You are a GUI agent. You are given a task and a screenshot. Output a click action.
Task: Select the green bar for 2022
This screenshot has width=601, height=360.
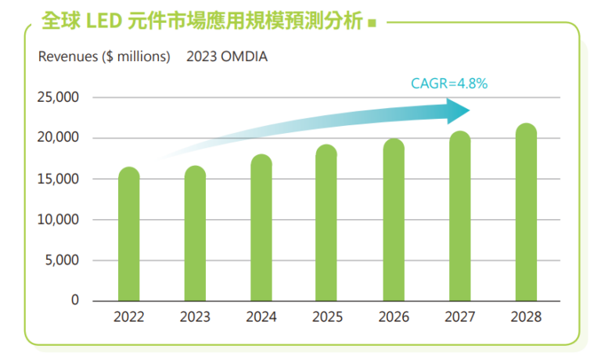[x=129, y=234]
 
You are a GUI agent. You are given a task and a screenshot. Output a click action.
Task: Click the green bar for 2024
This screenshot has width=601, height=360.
[x=261, y=228]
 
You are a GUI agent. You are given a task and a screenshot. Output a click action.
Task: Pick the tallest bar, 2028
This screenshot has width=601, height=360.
[x=527, y=212]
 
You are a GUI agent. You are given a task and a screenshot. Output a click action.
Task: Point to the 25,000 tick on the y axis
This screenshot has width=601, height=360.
[x=59, y=98]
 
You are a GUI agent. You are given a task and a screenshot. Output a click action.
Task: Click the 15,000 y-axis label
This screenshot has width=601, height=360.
[x=59, y=179]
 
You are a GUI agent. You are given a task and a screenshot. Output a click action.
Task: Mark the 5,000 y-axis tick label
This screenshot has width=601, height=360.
[x=63, y=260]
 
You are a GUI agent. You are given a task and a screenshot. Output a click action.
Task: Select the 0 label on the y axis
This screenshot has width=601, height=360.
[x=75, y=301]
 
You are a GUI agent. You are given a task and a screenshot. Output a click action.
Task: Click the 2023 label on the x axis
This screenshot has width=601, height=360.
[x=195, y=318]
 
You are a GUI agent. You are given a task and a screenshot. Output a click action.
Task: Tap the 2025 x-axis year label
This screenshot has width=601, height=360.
[x=328, y=318]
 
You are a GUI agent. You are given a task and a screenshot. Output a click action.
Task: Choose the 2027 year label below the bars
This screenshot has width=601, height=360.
[x=460, y=318]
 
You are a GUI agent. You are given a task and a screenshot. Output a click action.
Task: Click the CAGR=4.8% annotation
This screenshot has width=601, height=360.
[x=449, y=83]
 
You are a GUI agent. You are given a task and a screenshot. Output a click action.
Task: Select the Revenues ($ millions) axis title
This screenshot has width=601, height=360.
[x=104, y=56]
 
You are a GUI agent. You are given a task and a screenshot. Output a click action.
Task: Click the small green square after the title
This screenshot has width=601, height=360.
[x=372, y=23]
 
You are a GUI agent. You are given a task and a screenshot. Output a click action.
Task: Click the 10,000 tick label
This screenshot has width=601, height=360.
[x=59, y=220]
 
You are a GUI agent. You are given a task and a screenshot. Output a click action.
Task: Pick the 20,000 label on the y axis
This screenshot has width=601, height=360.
[x=59, y=139]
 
